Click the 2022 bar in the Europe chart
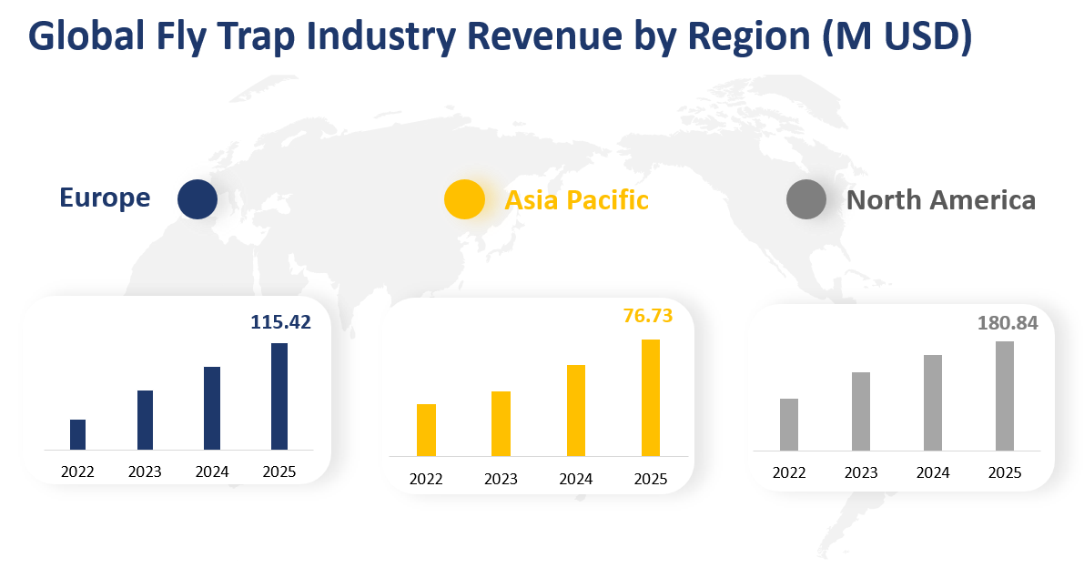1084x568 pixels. pos(77,434)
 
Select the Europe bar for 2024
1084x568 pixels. pos(211,408)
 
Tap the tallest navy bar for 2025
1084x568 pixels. pos(279,396)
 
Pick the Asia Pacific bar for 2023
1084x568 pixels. pos(501,423)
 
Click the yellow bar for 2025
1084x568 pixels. pos(650,398)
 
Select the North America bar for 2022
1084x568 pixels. pos(789,424)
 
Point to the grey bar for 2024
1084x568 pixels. pos(932,402)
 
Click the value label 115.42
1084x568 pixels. pos(280,321)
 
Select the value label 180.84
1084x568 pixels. pos(1008,322)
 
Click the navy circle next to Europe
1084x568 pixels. pos(198,199)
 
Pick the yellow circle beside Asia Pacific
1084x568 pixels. pos(464,199)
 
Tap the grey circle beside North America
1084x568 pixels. pos(806,199)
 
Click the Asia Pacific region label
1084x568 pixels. pos(577,199)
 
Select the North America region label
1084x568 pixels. pos(941,200)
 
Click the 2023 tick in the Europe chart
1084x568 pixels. pos(145,472)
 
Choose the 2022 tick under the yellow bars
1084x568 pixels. pos(426,479)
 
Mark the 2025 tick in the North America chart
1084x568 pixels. pos(1004,472)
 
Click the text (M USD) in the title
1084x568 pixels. pos(897,35)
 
